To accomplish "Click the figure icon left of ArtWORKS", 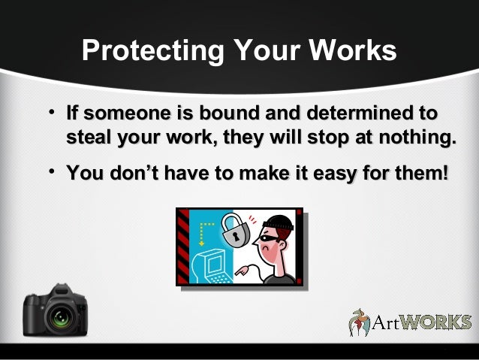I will click(x=360, y=321).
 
